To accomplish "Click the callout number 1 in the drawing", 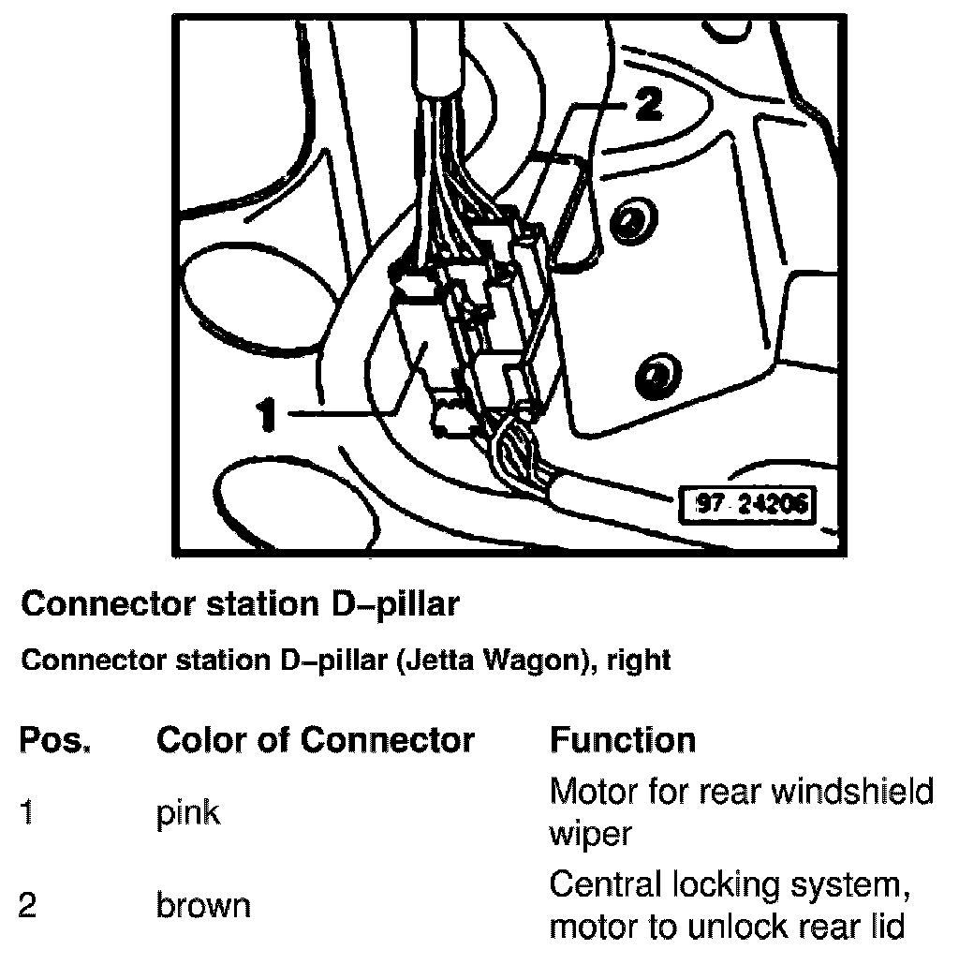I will pyautogui.click(x=268, y=413).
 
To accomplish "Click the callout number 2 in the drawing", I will pyautogui.click(x=643, y=105).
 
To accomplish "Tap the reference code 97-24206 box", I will pyautogui.click(x=745, y=505).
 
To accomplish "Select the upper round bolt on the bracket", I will pyautogui.click(x=632, y=222).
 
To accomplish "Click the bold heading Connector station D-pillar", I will pyautogui.click(x=240, y=604).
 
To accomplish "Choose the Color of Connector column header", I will pyautogui.click(x=316, y=741).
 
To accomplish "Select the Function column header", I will pyautogui.click(x=622, y=741).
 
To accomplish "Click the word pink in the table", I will pyautogui.click(x=188, y=813).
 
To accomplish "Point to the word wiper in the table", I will pyautogui.click(x=591, y=833).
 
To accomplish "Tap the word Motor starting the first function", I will pyautogui.click(x=592, y=793).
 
